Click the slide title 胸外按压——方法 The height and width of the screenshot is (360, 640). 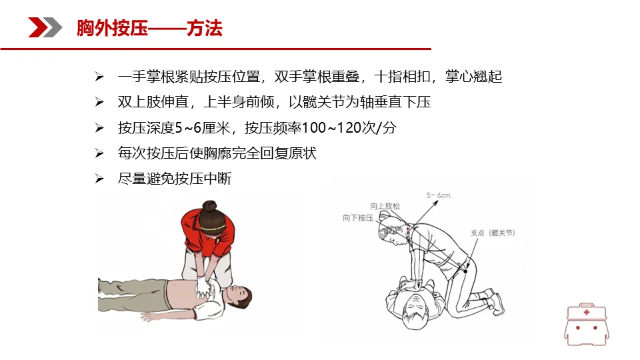149,28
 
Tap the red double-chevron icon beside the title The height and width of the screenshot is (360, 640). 45,27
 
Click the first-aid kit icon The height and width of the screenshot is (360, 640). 587,324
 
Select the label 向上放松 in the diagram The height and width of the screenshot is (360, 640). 385,206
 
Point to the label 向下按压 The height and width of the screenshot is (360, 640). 358,218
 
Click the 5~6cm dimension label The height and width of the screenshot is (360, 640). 439,195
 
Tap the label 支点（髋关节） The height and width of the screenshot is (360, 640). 493,233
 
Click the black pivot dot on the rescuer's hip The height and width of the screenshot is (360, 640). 465,271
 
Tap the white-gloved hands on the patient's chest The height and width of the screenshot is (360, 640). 203,287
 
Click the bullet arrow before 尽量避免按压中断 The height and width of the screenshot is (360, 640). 99,179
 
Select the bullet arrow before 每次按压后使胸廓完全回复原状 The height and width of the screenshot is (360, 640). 99,153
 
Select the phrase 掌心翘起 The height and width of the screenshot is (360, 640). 473,76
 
